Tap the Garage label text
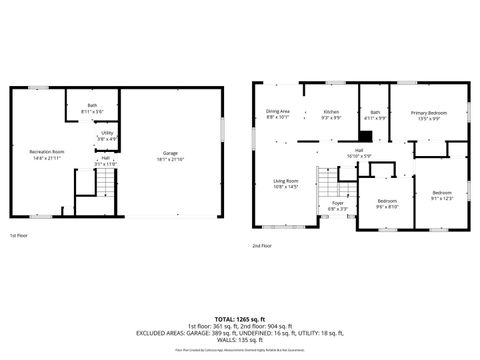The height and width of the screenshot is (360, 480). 172,155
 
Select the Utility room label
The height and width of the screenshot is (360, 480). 106,135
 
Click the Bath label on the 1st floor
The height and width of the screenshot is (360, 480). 91,107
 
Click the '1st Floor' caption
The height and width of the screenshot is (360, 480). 19,236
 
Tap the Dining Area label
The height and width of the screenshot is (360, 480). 277,114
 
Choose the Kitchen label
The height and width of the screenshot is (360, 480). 331,114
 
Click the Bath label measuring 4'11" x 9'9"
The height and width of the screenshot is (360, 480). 375,115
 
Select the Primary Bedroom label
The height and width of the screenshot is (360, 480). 430,115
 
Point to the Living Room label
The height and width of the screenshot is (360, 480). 286,183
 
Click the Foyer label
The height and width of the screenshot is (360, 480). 338,205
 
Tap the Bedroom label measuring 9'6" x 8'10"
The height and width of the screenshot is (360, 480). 387,204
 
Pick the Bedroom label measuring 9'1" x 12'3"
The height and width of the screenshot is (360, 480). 442,194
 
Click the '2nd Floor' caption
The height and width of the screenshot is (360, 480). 261,245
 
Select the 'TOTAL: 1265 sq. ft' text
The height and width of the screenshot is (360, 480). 240,318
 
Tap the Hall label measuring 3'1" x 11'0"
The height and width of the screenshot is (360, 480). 104,160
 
